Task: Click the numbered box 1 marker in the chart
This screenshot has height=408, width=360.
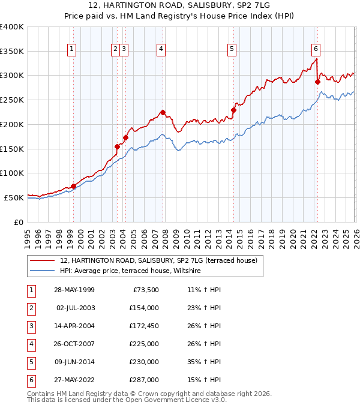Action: [x=71, y=50]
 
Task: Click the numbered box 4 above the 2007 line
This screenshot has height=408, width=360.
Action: [x=162, y=50]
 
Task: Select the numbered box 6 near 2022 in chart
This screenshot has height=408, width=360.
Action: [x=316, y=50]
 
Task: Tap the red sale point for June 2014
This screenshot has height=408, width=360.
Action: [x=233, y=110]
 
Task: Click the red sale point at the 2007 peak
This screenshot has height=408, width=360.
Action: [x=163, y=112]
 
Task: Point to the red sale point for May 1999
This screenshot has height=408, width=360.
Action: [x=73, y=186]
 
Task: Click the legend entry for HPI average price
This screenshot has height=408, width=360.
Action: [x=132, y=271]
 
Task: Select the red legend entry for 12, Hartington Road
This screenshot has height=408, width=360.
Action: [x=158, y=260]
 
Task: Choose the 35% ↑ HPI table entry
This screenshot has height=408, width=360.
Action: [x=205, y=362]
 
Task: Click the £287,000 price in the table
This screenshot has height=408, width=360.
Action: [x=144, y=379]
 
